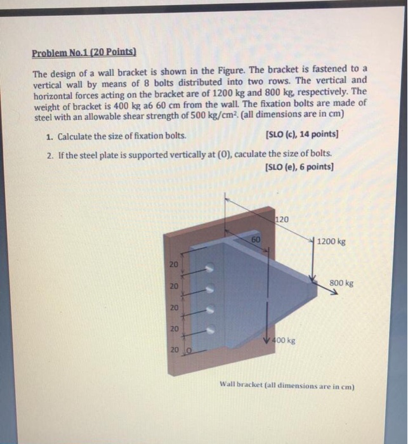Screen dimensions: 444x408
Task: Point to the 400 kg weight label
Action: click(x=284, y=341)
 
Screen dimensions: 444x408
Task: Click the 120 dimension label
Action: click(x=282, y=219)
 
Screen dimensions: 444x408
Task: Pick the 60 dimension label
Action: click(x=255, y=240)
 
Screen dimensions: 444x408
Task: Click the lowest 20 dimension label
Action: click(x=174, y=349)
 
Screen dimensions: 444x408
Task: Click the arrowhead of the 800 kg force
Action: click(x=334, y=293)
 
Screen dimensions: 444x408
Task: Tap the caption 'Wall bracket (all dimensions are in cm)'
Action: click(x=287, y=384)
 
